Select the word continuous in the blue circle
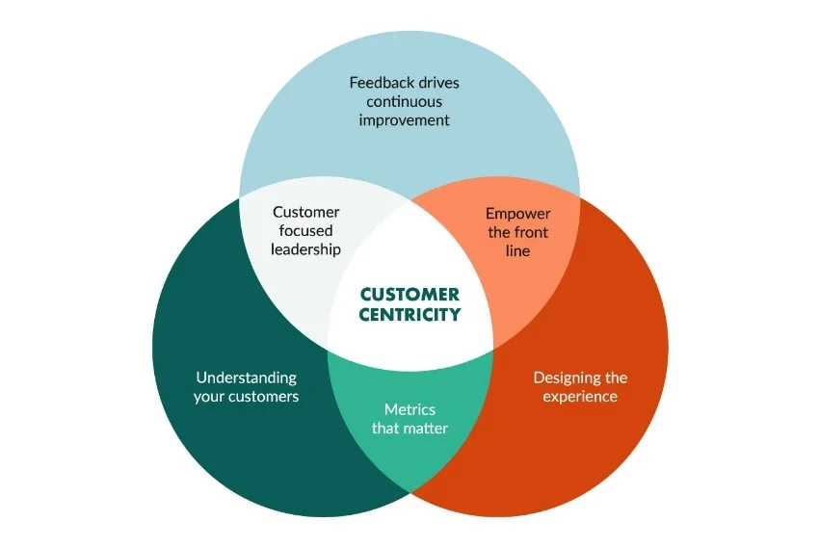[405, 101]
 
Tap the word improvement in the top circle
[405, 120]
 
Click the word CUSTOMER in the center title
[410, 295]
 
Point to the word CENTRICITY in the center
[410, 314]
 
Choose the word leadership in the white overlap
[306, 249]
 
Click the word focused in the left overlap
[306, 231]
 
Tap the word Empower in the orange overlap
[517, 213]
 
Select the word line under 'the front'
[517, 250]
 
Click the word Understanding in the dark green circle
[247, 378]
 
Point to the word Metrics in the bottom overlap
[410, 409]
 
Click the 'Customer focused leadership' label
[306, 231]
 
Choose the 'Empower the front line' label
[517, 231]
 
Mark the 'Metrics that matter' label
[410, 418]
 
